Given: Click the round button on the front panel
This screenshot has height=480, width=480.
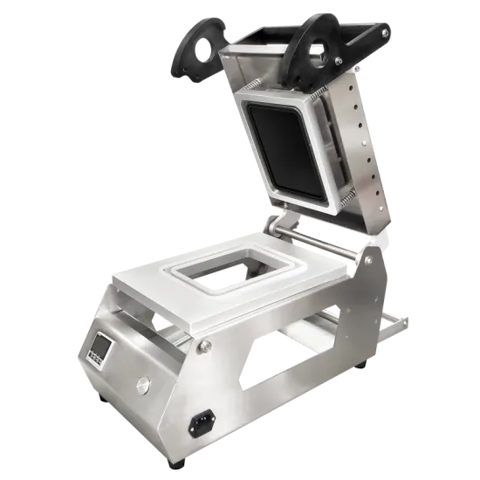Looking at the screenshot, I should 141,381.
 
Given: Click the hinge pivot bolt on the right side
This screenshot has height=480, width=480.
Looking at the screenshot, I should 367,259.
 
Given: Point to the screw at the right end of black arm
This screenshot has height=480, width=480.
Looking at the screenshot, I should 384,33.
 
